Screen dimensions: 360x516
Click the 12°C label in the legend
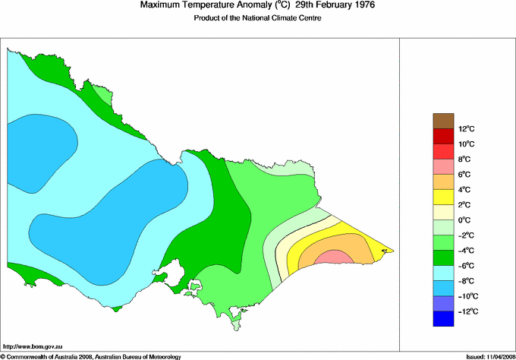(466, 128)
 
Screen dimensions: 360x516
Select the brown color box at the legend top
(443, 120)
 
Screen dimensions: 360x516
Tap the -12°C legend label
(467, 311)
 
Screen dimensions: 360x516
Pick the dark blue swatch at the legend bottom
(443, 319)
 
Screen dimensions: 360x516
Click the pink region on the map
(334, 258)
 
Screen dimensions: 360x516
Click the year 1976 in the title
(359, 5)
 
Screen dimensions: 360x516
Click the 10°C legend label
(466, 144)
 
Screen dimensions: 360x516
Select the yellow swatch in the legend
(443, 197)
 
